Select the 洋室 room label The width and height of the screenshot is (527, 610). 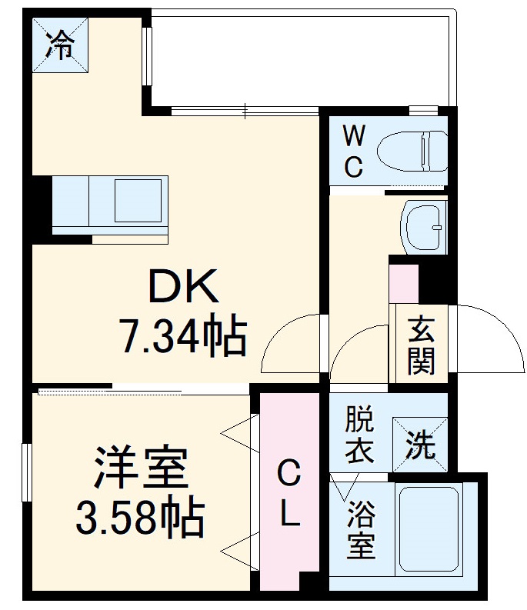pyautogui.click(x=141, y=469)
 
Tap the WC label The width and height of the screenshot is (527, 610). pyautogui.click(x=353, y=152)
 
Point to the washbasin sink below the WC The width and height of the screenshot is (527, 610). pyautogui.click(x=423, y=228)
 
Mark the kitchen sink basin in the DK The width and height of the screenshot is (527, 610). pyautogui.click(x=139, y=202)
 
